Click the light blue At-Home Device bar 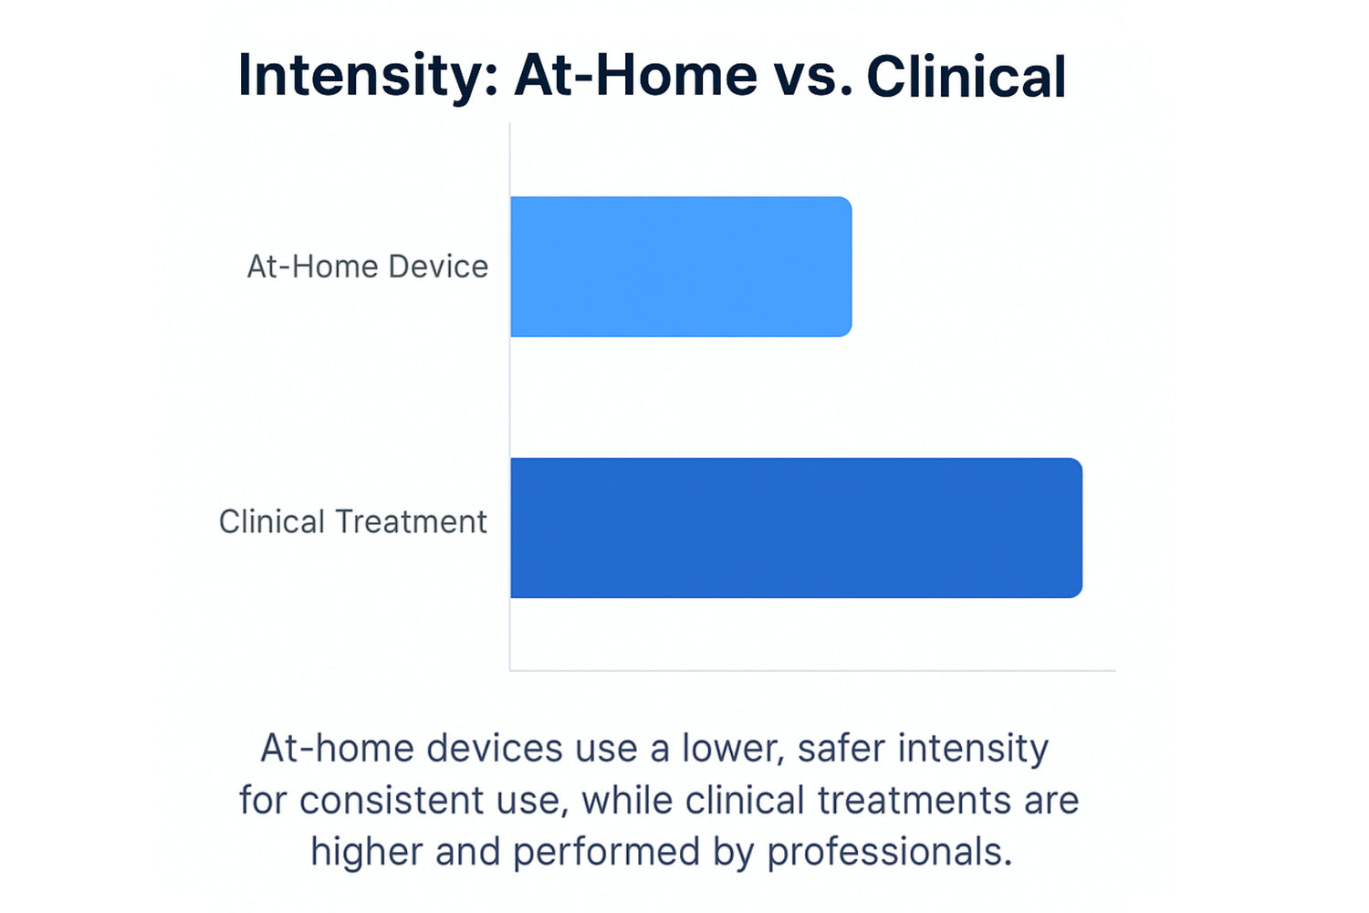[681, 267]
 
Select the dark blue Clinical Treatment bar [797, 528]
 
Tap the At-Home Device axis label [367, 267]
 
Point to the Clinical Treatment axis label [352, 521]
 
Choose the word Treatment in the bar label [411, 521]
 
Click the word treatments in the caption [914, 801]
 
